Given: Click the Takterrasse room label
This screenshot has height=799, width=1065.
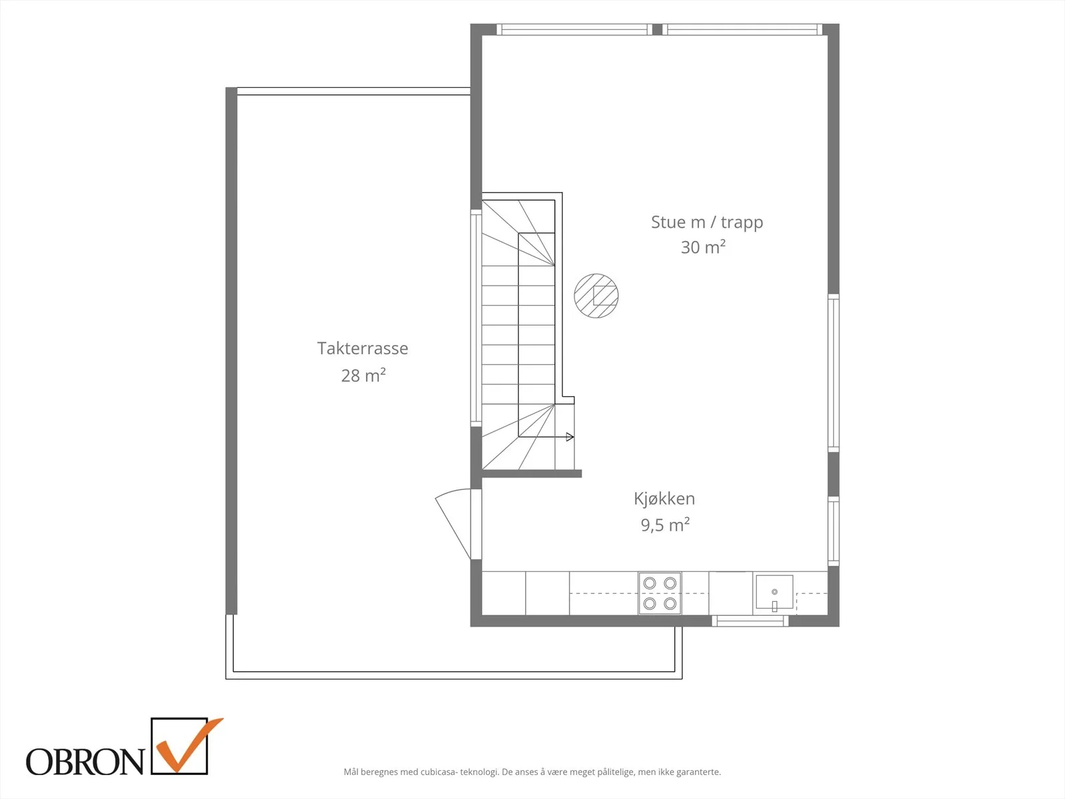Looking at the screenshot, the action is point(363,348).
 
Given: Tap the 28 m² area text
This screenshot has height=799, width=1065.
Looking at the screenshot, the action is point(363,375).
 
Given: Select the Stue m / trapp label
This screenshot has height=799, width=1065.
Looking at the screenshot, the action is point(707,222).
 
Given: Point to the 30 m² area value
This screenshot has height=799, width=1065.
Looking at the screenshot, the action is point(703,247).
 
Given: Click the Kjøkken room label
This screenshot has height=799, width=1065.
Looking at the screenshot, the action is point(664,499).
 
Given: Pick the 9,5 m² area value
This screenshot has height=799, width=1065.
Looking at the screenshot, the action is point(665,525).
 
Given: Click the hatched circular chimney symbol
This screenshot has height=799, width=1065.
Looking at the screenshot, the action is point(596,296).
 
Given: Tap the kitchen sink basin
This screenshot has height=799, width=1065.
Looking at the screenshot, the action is point(774,592).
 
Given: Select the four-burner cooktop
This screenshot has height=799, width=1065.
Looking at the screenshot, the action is point(660,593).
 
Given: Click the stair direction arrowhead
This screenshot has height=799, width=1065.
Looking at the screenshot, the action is point(570,437).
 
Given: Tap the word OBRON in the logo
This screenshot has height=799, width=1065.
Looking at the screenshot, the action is point(85,762).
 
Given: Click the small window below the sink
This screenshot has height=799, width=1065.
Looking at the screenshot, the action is point(750,621).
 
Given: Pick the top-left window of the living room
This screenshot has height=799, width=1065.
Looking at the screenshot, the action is point(574,29).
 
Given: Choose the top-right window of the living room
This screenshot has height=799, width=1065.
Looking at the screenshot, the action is point(742,29).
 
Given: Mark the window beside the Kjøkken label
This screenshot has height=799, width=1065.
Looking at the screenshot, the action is point(833,531).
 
